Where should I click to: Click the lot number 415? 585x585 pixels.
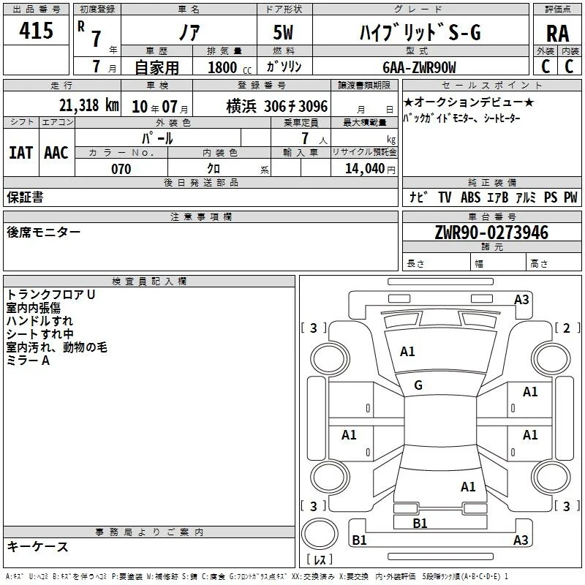[36, 30]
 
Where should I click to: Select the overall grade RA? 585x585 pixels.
[557, 34]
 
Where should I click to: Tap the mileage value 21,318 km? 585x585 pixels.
[88, 105]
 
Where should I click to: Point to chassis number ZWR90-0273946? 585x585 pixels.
[491, 233]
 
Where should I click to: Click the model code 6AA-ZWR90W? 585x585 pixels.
[419, 67]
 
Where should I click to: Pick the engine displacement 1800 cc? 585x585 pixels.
[230, 67]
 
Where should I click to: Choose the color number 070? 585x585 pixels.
[121, 169]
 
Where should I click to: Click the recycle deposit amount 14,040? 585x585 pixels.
[365, 169]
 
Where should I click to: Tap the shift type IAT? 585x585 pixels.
[21, 153]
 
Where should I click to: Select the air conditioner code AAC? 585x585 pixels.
[56, 153]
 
